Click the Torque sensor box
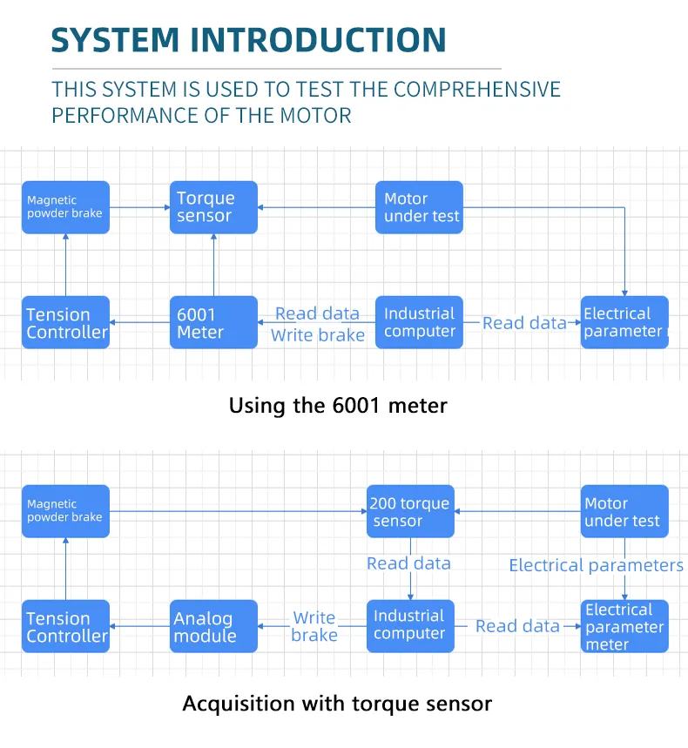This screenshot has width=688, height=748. (213, 207)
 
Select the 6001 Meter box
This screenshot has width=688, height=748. (213, 322)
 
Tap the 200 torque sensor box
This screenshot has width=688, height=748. (410, 511)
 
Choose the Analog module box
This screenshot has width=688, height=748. (213, 626)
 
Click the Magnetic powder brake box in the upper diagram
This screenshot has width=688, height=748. (65, 207)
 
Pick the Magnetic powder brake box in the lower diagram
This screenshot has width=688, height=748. (65, 511)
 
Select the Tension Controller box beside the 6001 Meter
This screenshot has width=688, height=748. (65, 322)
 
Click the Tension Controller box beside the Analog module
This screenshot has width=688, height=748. (65, 626)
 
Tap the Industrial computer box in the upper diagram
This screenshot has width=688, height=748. (419, 322)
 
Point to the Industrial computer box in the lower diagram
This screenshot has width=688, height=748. (410, 626)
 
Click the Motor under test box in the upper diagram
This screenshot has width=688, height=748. (419, 207)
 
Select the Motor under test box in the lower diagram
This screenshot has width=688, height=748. (624, 511)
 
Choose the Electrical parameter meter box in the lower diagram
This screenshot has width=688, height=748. (624, 626)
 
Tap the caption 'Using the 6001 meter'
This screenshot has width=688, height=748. (338, 405)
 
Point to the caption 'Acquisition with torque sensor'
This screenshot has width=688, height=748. (337, 704)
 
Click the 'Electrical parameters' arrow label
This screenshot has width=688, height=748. (596, 565)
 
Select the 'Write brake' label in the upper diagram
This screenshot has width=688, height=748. (317, 335)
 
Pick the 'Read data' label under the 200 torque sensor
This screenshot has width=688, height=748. (408, 563)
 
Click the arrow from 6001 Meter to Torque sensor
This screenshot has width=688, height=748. (213, 265)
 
